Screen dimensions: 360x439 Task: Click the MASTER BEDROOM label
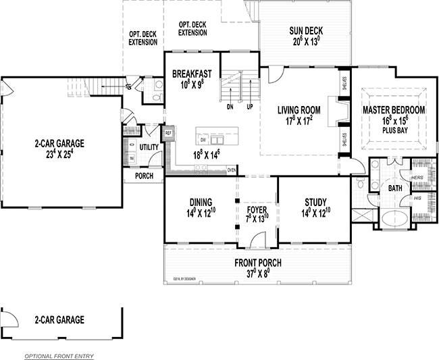click(394, 110)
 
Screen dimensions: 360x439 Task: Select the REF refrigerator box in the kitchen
click(169, 133)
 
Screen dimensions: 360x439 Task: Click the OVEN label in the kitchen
click(232, 170)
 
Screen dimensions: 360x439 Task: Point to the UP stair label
click(249, 106)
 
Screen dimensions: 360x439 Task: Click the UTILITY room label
click(149, 147)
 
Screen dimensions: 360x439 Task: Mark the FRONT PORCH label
click(257, 263)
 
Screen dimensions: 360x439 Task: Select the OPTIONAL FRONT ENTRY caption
click(59, 355)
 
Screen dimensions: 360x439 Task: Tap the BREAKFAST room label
click(192, 74)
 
